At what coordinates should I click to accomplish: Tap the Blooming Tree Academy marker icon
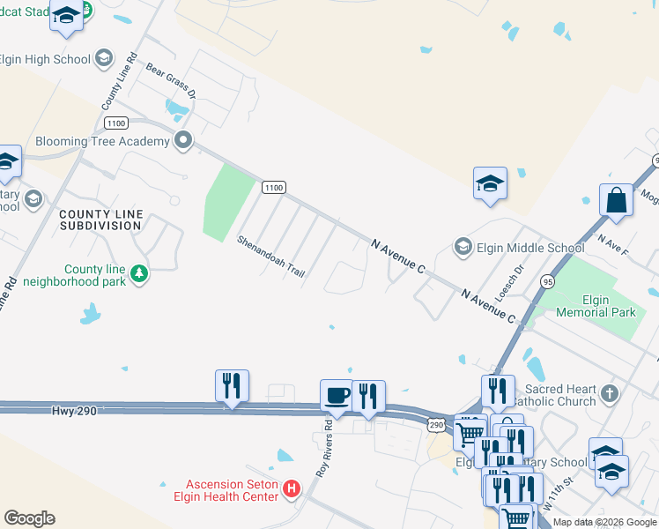pyautogui.click(x=183, y=139)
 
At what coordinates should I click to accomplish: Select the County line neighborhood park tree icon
pyautogui.click(x=138, y=274)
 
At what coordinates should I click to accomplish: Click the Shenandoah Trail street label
pyautogui.click(x=270, y=257)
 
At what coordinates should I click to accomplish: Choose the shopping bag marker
pyautogui.click(x=616, y=200)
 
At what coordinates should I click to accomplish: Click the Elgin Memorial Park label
pyautogui.click(x=596, y=306)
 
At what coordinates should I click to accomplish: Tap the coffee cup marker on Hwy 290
pyautogui.click(x=336, y=395)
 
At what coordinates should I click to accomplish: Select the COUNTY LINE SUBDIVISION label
pyautogui.click(x=100, y=220)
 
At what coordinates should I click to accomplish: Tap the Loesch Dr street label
pyautogui.click(x=508, y=284)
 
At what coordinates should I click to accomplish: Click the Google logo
pyautogui.click(x=29, y=518)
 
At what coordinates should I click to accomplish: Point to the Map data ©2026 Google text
pyautogui.click(x=603, y=522)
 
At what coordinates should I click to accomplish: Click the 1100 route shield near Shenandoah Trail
pyautogui.click(x=273, y=187)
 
